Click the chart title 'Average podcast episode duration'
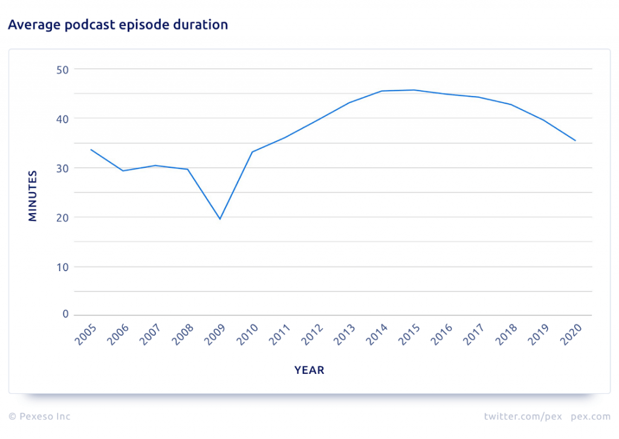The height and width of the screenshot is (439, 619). pyautogui.click(x=118, y=25)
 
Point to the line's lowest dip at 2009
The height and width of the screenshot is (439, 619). pyautogui.click(x=220, y=219)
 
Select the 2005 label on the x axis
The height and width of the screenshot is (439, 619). pyautogui.click(x=86, y=335)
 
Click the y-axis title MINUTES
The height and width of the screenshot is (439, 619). pyautogui.click(x=33, y=196)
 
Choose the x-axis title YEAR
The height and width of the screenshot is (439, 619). pyautogui.click(x=309, y=370)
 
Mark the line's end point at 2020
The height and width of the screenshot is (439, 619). pyautogui.click(x=575, y=141)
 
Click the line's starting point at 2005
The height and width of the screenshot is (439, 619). pyautogui.click(x=91, y=149)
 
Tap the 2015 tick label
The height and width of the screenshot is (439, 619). pyautogui.click(x=410, y=335)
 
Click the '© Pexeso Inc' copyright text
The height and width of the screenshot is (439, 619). pyautogui.click(x=39, y=417)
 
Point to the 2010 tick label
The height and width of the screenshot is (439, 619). pyautogui.click(x=248, y=335)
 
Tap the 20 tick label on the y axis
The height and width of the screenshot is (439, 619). pyautogui.click(x=63, y=217)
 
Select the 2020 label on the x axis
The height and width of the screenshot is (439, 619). pyautogui.click(x=571, y=335)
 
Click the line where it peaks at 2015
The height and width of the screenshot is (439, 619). pyautogui.click(x=414, y=90)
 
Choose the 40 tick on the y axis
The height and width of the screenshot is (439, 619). pyautogui.click(x=63, y=119)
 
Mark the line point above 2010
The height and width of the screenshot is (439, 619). pyautogui.click(x=252, y=152)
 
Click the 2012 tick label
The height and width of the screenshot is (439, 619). pyautogui.click(x=313, y=335)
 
